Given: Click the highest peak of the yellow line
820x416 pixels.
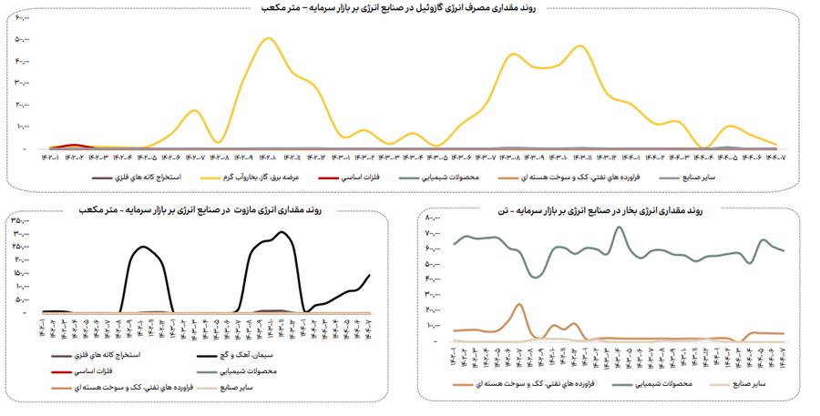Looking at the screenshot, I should (x=267, y=38).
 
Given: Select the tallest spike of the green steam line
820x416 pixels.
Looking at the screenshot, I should (x=620, y=228).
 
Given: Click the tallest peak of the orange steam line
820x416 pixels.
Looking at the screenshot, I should (x=518, y=304).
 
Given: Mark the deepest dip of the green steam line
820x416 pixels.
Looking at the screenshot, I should (x=536, y=276).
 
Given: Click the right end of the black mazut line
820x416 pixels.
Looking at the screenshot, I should (x=370, y=275).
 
